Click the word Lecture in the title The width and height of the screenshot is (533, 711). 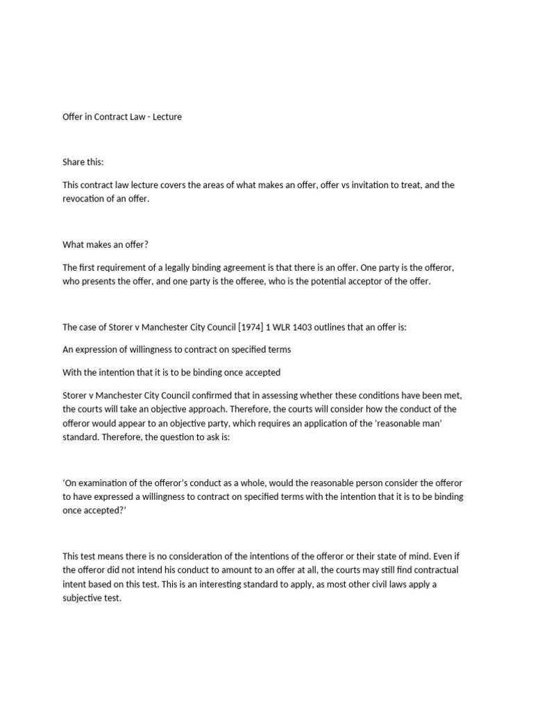(x=167, y=117)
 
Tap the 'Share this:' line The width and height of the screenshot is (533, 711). (x=83, y=162)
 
